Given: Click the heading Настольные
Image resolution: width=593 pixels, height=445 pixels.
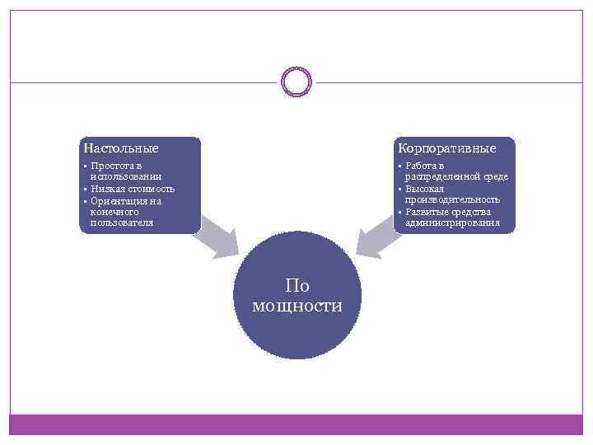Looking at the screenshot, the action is [120, 148].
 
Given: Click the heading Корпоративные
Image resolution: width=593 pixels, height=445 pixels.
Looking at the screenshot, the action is [446, 148].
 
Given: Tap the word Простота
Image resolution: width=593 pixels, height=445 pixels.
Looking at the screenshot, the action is [110, 166].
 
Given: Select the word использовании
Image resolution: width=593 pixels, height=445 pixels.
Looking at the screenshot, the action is [125, 176].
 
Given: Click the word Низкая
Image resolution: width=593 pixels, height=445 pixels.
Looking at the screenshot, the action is [107, 188].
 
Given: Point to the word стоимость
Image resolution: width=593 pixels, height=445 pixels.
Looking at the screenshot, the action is [150, 188].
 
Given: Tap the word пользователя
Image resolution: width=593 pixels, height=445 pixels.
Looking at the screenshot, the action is [121, 222].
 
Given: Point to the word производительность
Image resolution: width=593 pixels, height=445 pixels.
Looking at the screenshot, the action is [452, 199].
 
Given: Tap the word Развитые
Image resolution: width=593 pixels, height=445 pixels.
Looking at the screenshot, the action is [427, 211].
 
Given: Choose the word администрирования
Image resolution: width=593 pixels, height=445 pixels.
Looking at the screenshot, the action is [452, 222].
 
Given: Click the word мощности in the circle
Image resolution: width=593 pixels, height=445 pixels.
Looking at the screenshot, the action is [296, 306].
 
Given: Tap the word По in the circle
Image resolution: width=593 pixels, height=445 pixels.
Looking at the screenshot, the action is [296, 286].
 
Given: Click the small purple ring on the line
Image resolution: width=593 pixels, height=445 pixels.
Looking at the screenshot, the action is [296, 82].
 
